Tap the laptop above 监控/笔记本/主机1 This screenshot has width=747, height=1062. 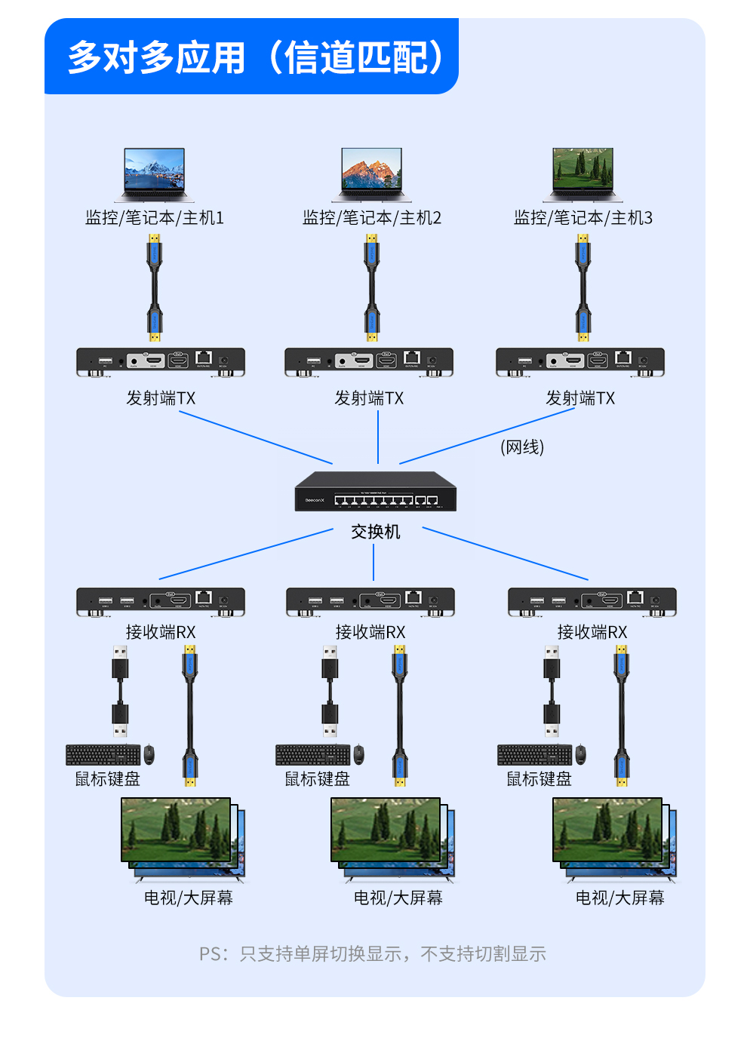pos(155,174)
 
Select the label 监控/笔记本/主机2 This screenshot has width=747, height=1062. pos(371,218)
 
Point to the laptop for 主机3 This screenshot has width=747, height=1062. pos(583,174)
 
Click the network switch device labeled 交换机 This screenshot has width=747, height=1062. pos(375,491)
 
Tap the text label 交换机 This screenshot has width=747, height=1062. pos(375,532)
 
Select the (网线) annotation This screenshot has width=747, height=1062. pos(522,447)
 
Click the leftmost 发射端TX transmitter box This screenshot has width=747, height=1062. pos(161,361)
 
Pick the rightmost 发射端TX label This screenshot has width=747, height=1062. pos(580,398)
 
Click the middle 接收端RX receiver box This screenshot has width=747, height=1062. pos(370,602)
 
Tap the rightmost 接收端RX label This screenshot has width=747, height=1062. pos(592,632)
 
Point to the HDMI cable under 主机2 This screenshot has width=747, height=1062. pos(371,287)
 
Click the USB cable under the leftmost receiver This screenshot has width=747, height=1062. pos(120,690)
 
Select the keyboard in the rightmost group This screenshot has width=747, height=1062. pos(534,754)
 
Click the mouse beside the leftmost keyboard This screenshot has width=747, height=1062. pos(149,754)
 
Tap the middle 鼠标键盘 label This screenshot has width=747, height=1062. pos(317,779)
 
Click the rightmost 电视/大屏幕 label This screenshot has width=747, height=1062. pos(619,898)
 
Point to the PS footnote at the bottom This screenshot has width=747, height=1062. pos(373,954)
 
